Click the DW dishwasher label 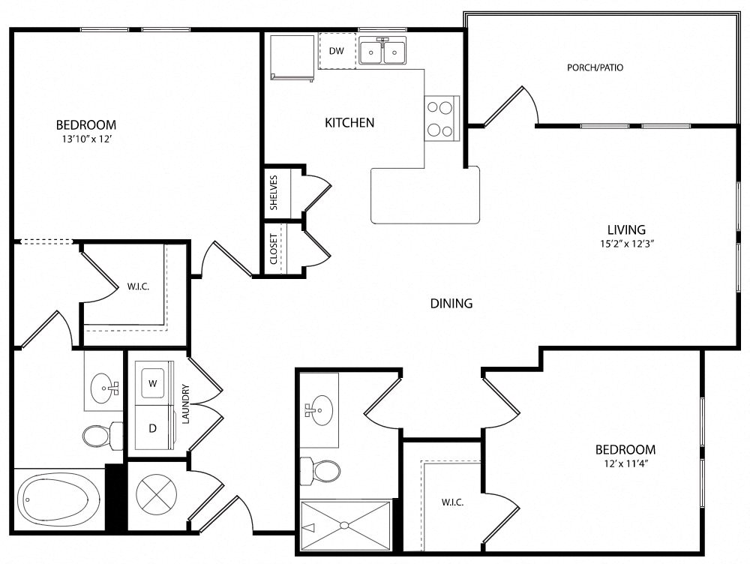pos(337,51)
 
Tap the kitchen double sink pos(382,50)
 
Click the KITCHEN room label pos(349,123)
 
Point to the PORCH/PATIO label pos(595,67)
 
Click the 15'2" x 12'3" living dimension pos(626,244)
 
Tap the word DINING pos(451,303)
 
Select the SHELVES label pos(274,193)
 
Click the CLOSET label pos(274,249)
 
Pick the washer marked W pos(152,383)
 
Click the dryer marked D pos(152,427)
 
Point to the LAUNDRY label pos(186,404)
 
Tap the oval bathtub pos(58,500)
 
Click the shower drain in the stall pos(344,525)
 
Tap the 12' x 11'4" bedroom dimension pos(625,463)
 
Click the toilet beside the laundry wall pos(103,436)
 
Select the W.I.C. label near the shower pos(452,502)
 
